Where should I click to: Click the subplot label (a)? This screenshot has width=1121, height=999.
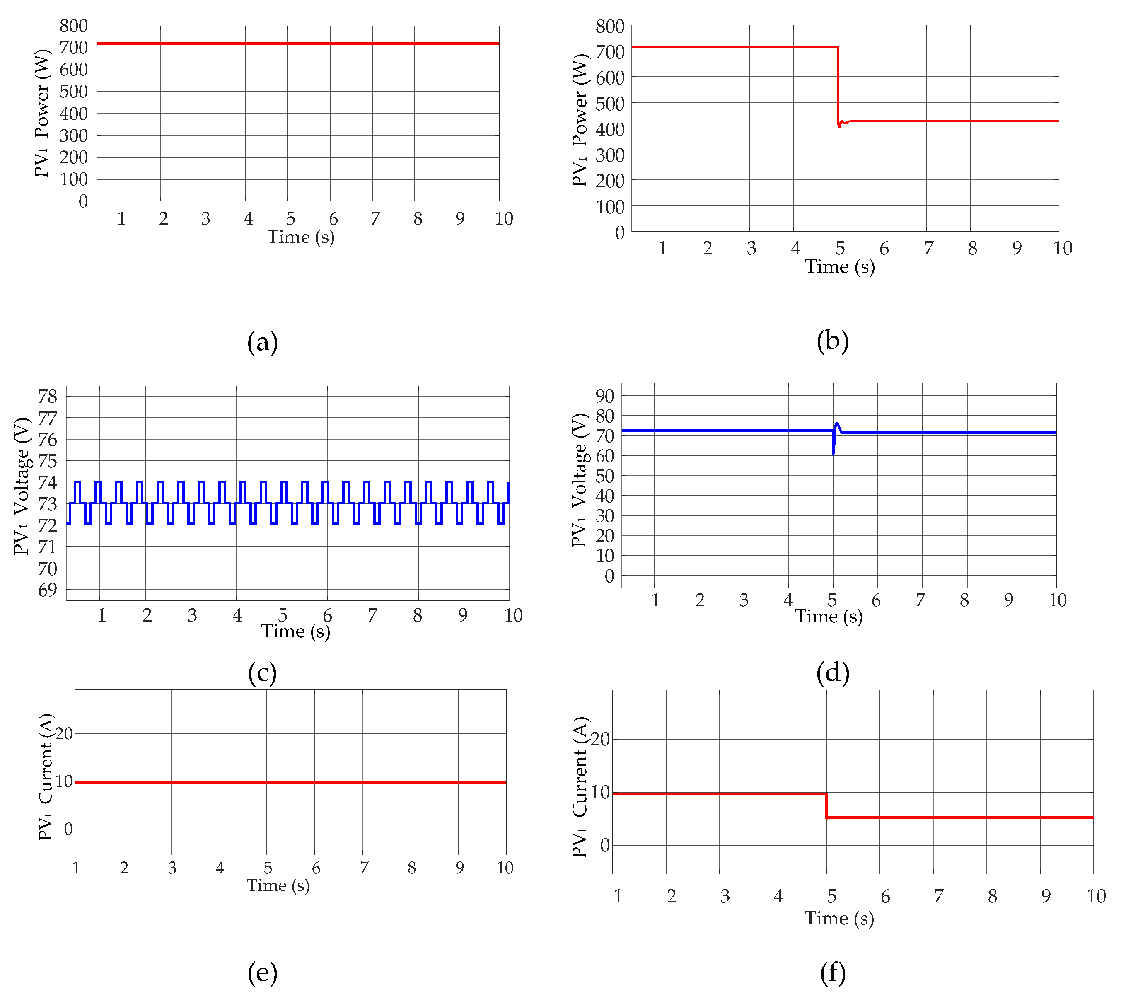click(x=262, y=342)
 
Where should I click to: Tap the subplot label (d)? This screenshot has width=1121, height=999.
click(x=832, y=672)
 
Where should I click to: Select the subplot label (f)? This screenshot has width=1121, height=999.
click(x=832, y=972)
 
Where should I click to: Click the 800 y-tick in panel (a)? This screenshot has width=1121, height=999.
click(x=73, y=26)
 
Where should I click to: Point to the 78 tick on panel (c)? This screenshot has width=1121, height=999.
click(x=47, y=396)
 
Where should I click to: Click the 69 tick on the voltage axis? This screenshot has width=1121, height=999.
click(x=47, y=590)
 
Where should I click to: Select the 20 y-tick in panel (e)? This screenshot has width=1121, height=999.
click(x=64, y=733)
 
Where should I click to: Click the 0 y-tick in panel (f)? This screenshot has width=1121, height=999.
click(x=605, y=845)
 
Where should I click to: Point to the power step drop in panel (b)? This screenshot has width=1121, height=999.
click(x=838, y=85)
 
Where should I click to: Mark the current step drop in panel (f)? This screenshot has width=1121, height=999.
click(x=826, y=805)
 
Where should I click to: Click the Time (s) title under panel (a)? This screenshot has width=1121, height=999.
click(x=301, y=237)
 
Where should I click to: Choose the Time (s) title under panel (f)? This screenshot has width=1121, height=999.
click(x=839, y=918)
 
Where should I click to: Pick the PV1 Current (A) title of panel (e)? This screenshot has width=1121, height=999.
click(x=46, y=776)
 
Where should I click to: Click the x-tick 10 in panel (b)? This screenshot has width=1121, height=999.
click(x=1062, y=248)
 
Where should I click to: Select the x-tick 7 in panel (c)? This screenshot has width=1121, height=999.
click(x=372, y=615)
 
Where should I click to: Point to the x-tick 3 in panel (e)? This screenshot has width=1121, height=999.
click(x=172, y=867)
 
